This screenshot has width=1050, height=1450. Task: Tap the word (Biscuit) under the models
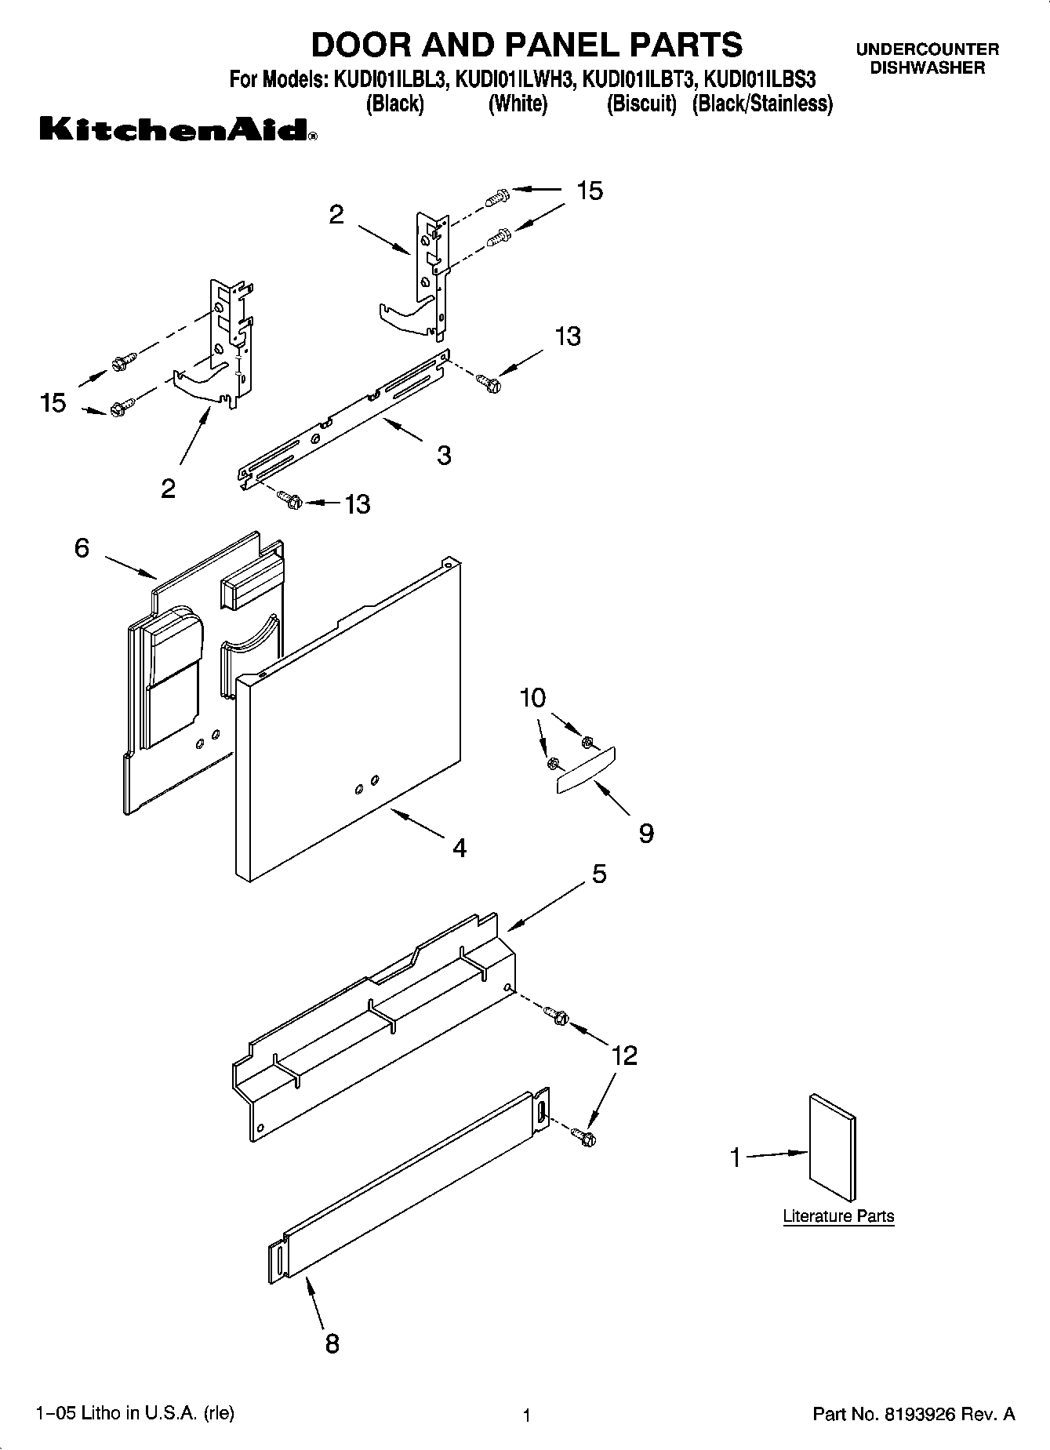click(x=641, y=104)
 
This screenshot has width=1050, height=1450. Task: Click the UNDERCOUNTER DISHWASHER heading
click(x=927, y=59)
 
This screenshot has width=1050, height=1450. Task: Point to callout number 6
click(x=82, y=547)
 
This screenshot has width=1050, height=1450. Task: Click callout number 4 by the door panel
click(x=460, y=848)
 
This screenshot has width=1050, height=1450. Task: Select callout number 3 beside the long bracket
click(x=444, y=455)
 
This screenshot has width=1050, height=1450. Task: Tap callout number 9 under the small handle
click(x=645, y=833)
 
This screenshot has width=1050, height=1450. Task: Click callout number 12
click(x=624, y=1056)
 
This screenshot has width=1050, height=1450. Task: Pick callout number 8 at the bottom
click(x=332, y=1344)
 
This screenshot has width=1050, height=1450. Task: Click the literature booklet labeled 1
click(x=832, y=1148)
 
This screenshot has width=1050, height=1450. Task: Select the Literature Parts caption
click(x=838, y=1216)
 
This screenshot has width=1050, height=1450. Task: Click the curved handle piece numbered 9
click(x=587, y=771)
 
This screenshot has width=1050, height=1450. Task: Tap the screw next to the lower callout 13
click(x=290, y=498)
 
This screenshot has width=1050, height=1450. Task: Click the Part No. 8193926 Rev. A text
click(x=914, y=1415)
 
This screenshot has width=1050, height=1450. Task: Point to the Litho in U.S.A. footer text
click(x=135, y=1413)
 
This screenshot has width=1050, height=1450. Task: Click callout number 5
click(x=598, y=874)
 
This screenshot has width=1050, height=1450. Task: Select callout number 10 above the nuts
click(x=532, y=697)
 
